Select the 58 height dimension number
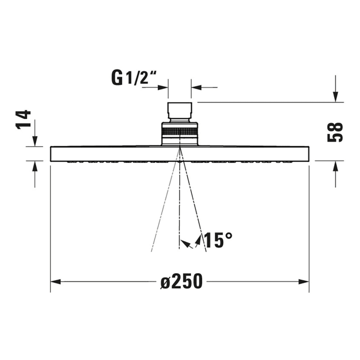335,132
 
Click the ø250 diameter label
181,282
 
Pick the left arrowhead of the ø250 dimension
56,282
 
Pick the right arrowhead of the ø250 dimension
304,282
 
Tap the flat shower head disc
179,154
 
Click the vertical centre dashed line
179,206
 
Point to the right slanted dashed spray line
194,206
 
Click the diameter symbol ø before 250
165,282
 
